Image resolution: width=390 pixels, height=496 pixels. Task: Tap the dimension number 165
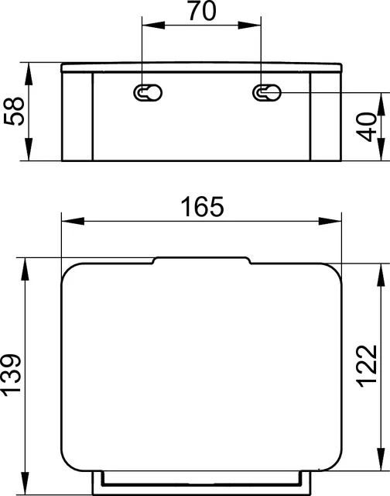coord(201,207)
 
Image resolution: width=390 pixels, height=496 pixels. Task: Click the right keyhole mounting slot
coord(265,93)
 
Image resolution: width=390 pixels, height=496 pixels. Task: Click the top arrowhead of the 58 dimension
coord(29,67)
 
